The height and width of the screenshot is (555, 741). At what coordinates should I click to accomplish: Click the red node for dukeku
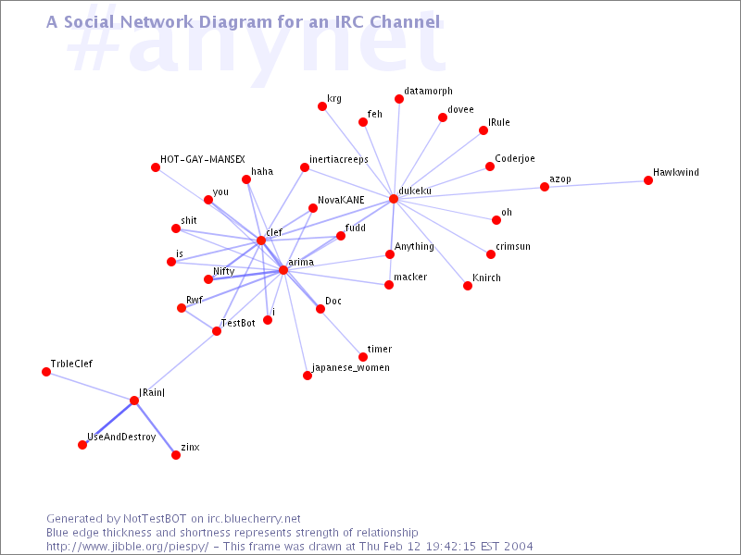394,199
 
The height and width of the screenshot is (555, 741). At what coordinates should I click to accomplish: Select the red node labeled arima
283,270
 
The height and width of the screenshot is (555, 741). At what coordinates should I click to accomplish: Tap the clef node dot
261,240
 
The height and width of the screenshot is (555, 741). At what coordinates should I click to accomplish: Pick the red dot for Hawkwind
647,180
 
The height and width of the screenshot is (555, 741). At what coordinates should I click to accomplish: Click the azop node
545,187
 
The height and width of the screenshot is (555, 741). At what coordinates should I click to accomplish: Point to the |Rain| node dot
134,401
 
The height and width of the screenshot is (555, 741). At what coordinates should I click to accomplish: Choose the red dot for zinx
176,455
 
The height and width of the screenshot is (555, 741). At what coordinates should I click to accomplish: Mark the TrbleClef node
46,372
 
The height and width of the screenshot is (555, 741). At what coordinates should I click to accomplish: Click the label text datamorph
428,92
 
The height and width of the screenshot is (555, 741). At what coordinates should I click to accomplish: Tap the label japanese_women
351,367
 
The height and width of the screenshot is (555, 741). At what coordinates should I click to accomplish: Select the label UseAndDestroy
121,438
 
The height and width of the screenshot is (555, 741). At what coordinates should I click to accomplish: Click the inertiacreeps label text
338,159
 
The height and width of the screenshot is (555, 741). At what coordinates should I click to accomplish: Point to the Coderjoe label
515,158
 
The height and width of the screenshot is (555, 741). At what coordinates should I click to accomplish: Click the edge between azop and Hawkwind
597,183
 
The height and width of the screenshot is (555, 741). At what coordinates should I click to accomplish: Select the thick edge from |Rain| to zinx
155,427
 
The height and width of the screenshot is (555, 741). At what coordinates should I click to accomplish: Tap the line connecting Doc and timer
342,333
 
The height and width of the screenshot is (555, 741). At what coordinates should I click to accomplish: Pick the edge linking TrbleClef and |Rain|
90,386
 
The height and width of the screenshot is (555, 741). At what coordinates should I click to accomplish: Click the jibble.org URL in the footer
127,547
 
